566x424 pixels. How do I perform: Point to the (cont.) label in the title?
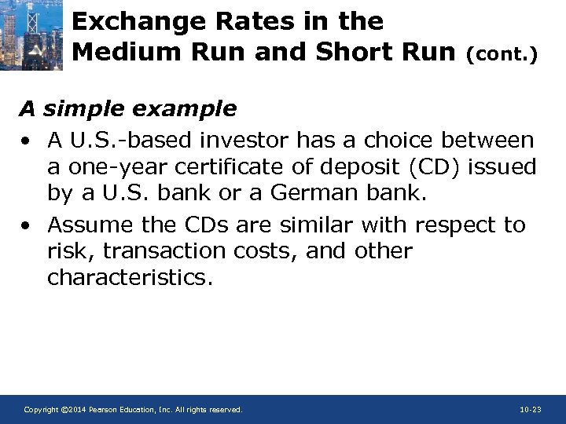point(502,55)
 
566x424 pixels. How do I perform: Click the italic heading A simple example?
point(127,108)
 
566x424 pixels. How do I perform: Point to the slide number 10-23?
point(531,410)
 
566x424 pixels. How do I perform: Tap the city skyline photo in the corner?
point(31,35)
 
